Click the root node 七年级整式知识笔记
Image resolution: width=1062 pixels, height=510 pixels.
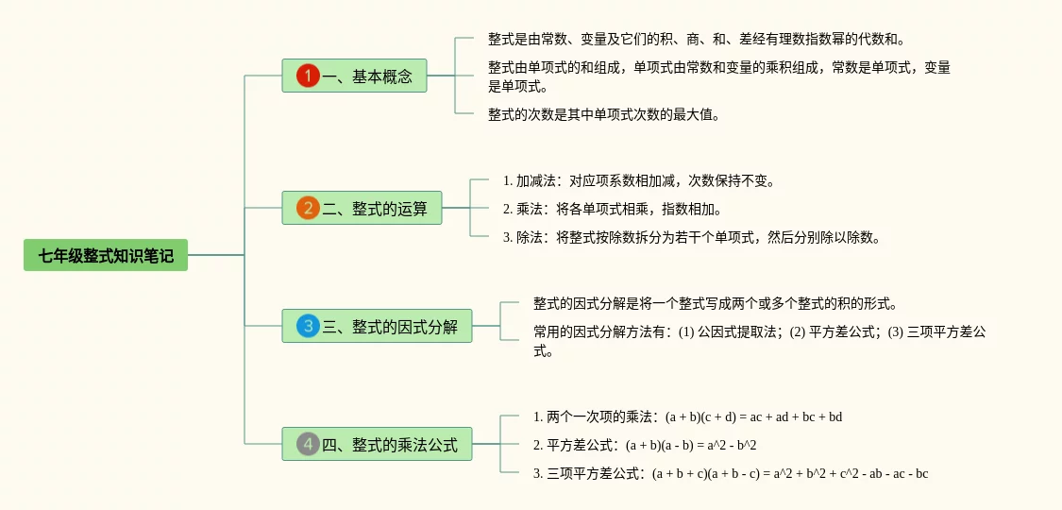[106, 255]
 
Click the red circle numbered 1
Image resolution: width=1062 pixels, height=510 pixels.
[308, 76]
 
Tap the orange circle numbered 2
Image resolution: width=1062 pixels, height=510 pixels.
[308, 208]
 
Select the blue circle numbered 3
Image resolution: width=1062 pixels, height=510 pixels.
[308, 327]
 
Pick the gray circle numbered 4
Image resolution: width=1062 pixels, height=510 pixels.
[308, 444]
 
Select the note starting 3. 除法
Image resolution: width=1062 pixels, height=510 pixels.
[692, 237]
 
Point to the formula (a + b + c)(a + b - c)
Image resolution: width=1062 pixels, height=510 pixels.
[707, 473]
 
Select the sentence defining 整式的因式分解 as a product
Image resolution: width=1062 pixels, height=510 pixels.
[715, 304]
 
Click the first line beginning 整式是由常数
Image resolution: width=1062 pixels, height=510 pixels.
[697, 39]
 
